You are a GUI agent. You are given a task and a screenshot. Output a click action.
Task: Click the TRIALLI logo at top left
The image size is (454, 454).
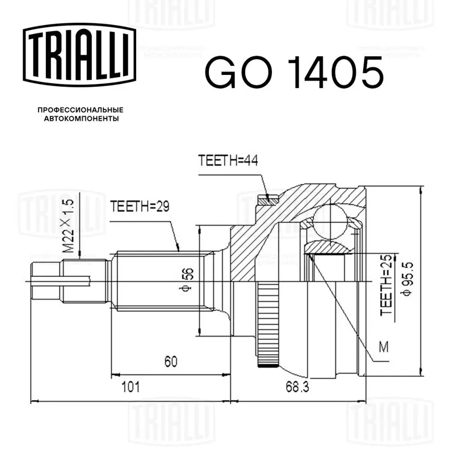click(79, 55)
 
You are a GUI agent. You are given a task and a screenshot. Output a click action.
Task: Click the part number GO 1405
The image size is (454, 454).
click(294, 73)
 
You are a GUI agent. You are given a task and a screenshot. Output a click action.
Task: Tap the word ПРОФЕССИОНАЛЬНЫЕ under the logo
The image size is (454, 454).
click(81, 110)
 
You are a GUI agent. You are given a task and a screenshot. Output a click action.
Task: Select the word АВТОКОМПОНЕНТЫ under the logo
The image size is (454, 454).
click(81, 119)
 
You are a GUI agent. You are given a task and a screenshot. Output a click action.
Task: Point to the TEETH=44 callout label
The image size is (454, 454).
click(228, 160)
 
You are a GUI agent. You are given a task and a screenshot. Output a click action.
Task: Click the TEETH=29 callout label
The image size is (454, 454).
click(140, 207)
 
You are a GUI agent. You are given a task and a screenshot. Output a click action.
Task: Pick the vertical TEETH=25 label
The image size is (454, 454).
click(386, 285)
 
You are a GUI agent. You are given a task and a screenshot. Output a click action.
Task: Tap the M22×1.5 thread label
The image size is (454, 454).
click(69, 226)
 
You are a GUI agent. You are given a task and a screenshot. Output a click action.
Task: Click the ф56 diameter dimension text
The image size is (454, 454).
click(187, 279)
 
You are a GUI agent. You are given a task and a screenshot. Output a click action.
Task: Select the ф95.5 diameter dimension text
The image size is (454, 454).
click(407, 279)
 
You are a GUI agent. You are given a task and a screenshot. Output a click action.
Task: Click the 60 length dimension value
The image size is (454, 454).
click(171, 361)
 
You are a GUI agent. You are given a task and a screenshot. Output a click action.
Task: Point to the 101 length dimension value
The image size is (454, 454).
click(131, 387)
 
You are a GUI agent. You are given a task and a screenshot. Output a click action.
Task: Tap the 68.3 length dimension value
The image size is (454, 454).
click(297, 387)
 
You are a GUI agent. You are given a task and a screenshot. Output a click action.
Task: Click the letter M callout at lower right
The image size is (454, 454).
click(384, 347)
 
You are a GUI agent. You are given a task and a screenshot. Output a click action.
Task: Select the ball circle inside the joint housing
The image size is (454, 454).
click(330, 221)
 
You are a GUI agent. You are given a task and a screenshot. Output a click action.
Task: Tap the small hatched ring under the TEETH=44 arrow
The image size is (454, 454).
click(268, 200)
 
